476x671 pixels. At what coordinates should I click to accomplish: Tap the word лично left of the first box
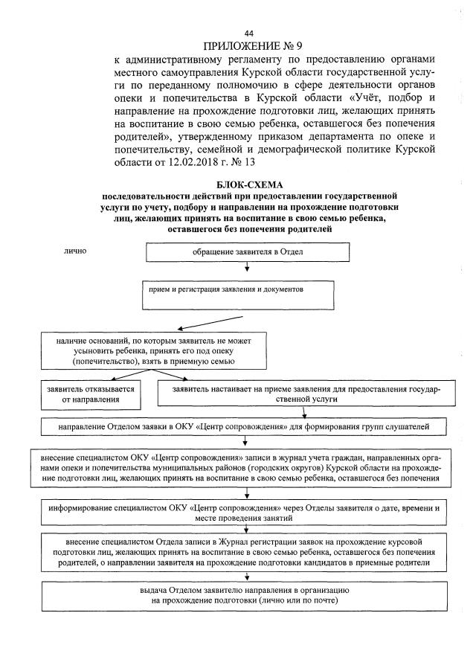pyautogui.click(x=77, y=251)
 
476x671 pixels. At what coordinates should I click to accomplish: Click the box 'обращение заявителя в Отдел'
pyautogui.click(x=248, y=253)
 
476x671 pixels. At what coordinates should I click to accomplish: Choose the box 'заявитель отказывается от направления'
pyautogui.click(x=91, y=394)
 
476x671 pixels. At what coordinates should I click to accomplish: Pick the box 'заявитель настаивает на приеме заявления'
pyautogui.click(x=306, y=394)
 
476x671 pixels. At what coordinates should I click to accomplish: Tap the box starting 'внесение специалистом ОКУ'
pyautogui.click(x=246, y=468)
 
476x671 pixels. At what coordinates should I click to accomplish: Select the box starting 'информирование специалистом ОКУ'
pyautogui.click(x=246, y=513)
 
